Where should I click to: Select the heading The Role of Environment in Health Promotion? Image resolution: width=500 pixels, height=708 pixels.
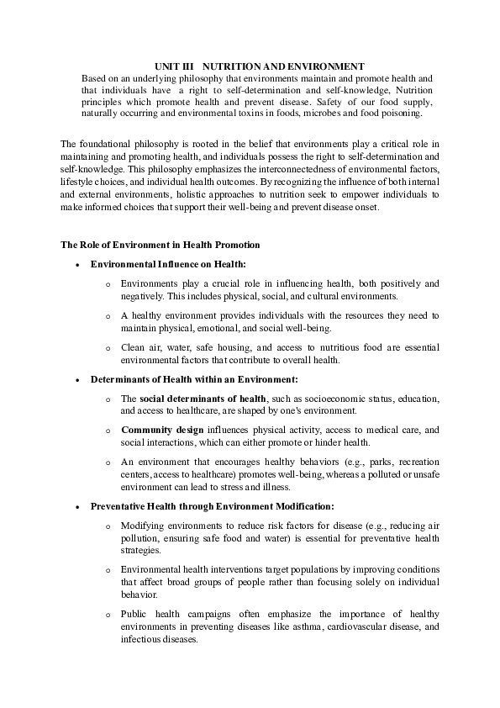[160, 245]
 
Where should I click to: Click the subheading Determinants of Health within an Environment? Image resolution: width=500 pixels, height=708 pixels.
[194, 379]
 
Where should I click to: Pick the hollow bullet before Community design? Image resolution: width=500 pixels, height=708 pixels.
[108, 431]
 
